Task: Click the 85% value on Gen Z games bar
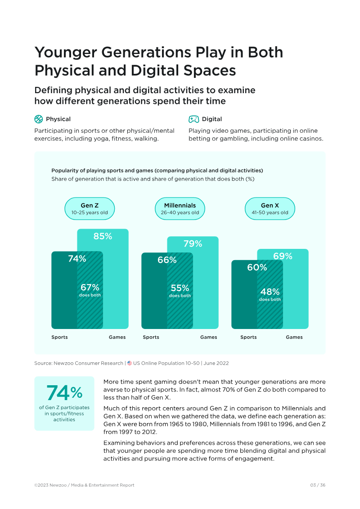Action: pyautogui.click(x=103, y=236)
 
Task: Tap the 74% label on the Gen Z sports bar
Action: pyautogui.click(x=77, y=258)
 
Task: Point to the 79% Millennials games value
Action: pyautogui.click(x=193, y=244)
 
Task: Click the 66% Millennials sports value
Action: pyautogui.click(x=167, y=260)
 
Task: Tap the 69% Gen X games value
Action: pyautogui.click(x=283, y=256)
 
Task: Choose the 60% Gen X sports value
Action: pyautogui.click(x=257, y=267)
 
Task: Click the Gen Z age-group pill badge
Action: pyautogui.click(x=90, y=209)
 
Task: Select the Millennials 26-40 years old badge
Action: pyautogui.click(x=180, y=209)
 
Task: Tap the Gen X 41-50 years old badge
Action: pyautogui.click(x=270, y=209)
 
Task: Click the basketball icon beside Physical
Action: pyautogui.click(x=38, y=119)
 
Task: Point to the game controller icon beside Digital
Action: pyautogui.click(x=193, y=119)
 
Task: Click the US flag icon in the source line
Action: pyautogui.click(x=130, y=363)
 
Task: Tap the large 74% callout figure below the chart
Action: pyautogui.click(x=64, y=393)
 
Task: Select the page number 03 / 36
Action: pyautogui.click(x=318, y=485)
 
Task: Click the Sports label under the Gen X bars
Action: pyautogui.click(x=248, y=337)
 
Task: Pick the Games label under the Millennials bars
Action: pyautogui.click(x=208, y=337)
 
